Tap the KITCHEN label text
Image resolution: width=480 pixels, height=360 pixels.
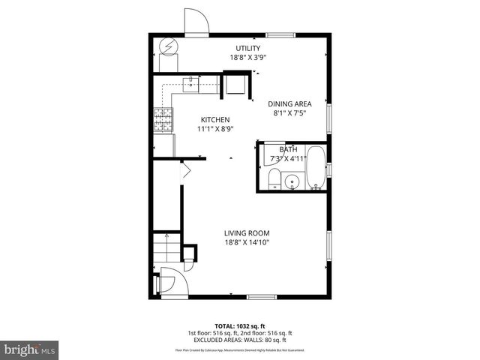click(x=214, y=120)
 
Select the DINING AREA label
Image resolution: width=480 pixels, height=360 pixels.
click(x=290, y=105)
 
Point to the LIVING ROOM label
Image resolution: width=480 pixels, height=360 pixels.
click(x=246, y=233)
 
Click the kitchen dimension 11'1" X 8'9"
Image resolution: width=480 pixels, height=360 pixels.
click(x=214, y=129)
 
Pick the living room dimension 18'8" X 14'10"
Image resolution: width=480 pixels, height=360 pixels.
click(x=246, y=242)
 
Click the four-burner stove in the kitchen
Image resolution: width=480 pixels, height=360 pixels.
click(x=163, y=120)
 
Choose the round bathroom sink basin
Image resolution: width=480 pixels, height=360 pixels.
click(x=292, y=181)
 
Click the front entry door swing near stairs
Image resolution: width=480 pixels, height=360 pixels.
click(x=166, y=283)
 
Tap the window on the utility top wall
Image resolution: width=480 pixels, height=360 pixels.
click(x=280, y=34)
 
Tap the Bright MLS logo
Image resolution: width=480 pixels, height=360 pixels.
click(x=30, y=349)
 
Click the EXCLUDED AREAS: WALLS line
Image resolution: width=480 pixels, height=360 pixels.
click(x=239, y=340)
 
